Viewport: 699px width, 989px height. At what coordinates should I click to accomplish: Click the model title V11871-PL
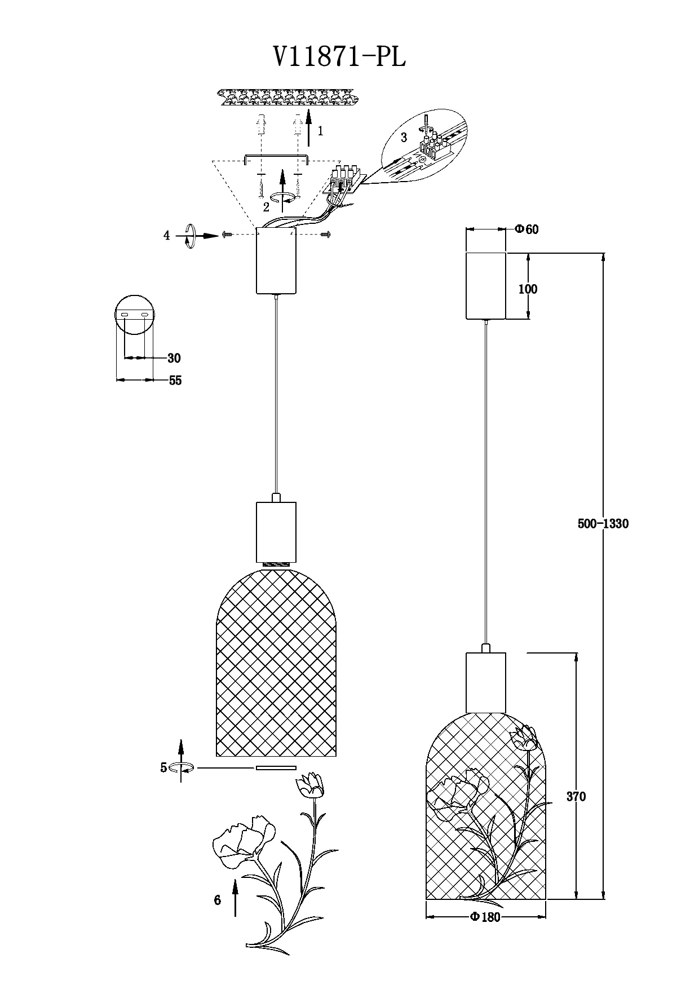pos(339,56)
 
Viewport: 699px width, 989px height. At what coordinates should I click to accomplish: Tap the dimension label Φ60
pos(527,229)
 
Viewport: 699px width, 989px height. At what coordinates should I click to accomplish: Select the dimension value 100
pos(528,289)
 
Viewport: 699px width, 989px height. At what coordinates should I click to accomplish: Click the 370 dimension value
pos(576,796)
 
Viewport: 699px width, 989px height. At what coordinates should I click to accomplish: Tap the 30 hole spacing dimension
pos(174,358)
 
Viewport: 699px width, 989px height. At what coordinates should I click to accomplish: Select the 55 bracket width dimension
pos(175,381)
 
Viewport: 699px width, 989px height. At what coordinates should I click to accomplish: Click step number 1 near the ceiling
pos(320,131)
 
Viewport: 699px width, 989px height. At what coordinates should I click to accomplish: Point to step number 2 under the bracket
pos(266,207)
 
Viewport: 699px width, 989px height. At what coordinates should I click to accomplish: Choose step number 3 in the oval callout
pos(404,138)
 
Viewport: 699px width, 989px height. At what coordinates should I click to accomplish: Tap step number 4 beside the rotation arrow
pos(166,236)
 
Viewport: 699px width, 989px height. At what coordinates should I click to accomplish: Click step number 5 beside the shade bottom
pos(163,767)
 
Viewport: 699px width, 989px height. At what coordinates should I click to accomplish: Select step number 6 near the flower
pos(218,900)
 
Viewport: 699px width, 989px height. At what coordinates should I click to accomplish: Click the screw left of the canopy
pos(227,234)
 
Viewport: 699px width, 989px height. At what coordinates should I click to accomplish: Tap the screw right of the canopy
pos(326,233)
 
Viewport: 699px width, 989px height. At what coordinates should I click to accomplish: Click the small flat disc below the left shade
pos(276,767)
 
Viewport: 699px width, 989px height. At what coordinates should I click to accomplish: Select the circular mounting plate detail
pos(135,314)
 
